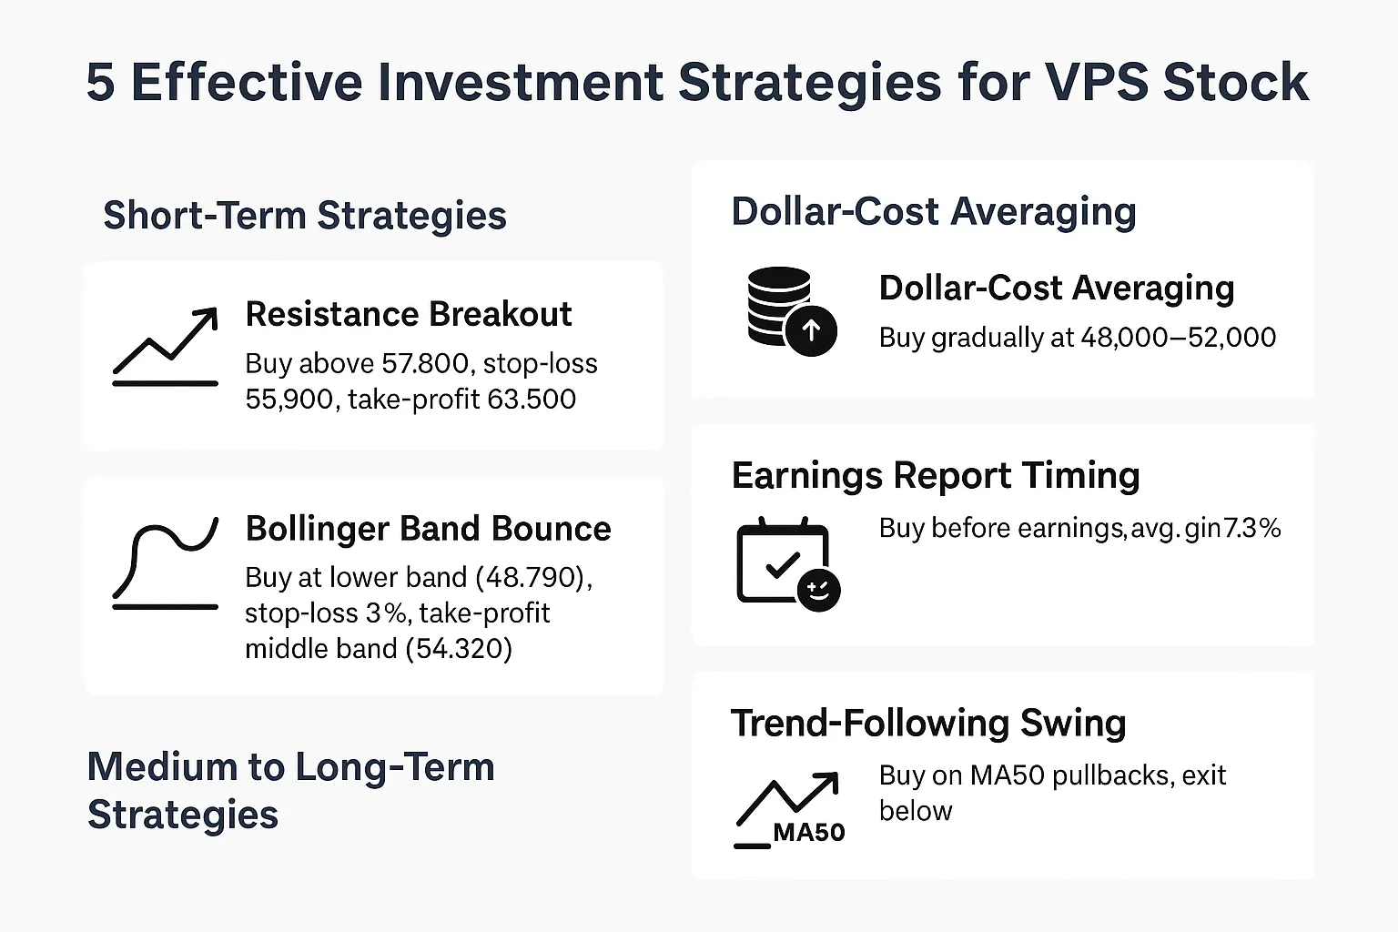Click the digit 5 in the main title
tap(101, 83)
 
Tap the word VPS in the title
tap(1097, 83)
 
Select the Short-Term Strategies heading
tap(305, 216)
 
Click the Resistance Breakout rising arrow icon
tap(166, 347)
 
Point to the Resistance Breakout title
tap(409, 314)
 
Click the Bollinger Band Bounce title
tap(428, 529)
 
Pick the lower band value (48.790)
tap(533, 577)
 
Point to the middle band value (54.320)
tap(459, 649)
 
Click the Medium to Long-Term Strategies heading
tap(291, 790)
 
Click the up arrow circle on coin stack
tap(811, 331)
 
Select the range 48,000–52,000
tap(1179, 338)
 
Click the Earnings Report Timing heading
tap(936, 476)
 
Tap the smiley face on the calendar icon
tap(818, 590)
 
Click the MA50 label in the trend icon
tap(809, 832)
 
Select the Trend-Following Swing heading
tap(928, 724)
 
